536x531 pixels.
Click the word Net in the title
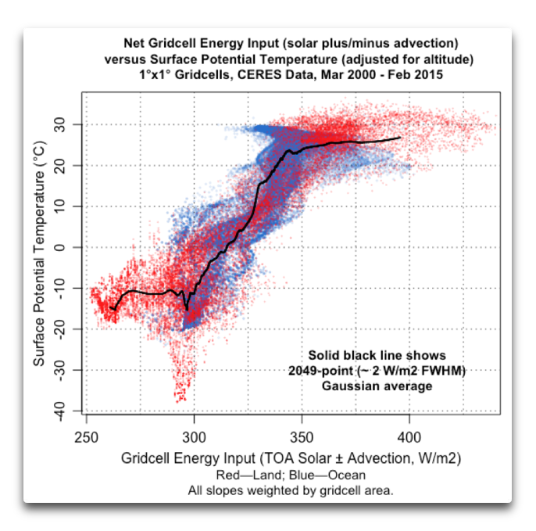coord(134,43)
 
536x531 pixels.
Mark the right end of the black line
coord(401,137)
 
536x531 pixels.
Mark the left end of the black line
coord(112,309)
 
